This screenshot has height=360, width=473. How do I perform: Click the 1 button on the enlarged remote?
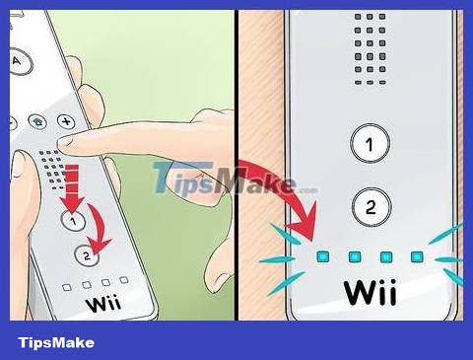click(370, 145)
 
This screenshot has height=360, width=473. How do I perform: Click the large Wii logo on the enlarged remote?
click(370, 295)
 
